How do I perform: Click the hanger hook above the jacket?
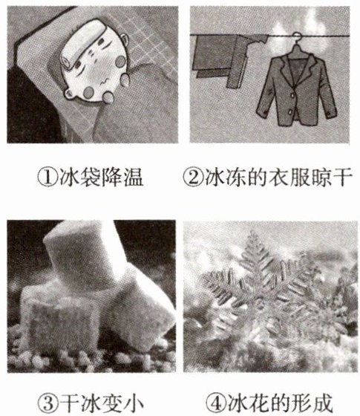pyautogui.click(x=296, y=38)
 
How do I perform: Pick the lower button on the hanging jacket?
pyautogui.click(x=290, y=111)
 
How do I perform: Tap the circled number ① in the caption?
pyautogui.click(x=48, y=178)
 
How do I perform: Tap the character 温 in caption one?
pyautogui.click(x=134, y=178)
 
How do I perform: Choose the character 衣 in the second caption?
pyautogui.click(x=278, y=177)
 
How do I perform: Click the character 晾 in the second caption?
pyautogui.click(x=321, y=177)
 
